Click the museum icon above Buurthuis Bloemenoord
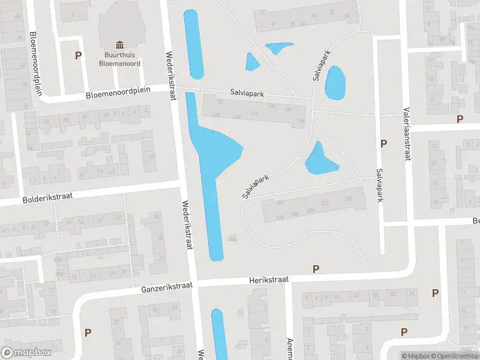pyautogui.click(x=119, y=45)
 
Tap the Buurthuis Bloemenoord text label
pyautogui.click(x=119, y=58)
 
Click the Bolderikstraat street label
pyautogui.click(x=47, y=197)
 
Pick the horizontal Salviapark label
pyautogui.click(x=247, y=94)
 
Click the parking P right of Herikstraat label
pyautogui.click(x=316, y=269)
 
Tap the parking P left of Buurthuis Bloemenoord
pyautogui.click(x=77, y=56)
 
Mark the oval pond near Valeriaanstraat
pyautogui.click(x=335, y=83)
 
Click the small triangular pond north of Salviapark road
pyautogui.click(x=252, y=61)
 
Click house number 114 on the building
pyautogui.click(x=254, y=113)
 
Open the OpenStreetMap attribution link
pyautogui.click(x=455, y=356)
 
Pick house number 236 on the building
pyautogui.click(x=348, y=199)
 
